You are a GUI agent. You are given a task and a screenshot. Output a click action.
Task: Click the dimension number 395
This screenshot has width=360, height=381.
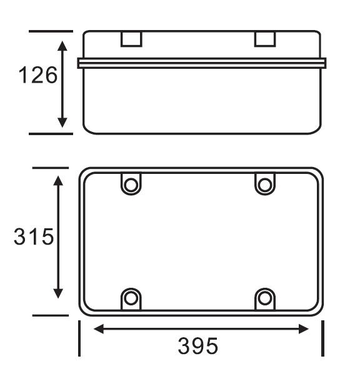[198, 345]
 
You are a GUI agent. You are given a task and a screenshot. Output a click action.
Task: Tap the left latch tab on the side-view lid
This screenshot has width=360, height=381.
[131, 39]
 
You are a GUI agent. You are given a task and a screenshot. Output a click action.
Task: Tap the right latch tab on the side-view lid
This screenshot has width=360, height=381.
[265, 39]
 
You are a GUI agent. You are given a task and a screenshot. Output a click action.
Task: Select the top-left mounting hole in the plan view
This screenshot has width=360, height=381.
[131, 185]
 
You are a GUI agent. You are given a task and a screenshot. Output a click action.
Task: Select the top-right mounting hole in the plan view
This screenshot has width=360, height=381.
[264, 185]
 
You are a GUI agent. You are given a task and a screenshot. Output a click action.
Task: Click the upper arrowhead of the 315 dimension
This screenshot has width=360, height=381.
[58, 181]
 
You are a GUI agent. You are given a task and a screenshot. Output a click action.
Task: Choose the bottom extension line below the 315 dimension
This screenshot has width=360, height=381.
[50, 315]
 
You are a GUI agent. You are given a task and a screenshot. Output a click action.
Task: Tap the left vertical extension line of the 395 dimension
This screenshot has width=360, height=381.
[79, 338]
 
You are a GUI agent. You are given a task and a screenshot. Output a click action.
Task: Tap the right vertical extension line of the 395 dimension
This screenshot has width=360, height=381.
[322, 338]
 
